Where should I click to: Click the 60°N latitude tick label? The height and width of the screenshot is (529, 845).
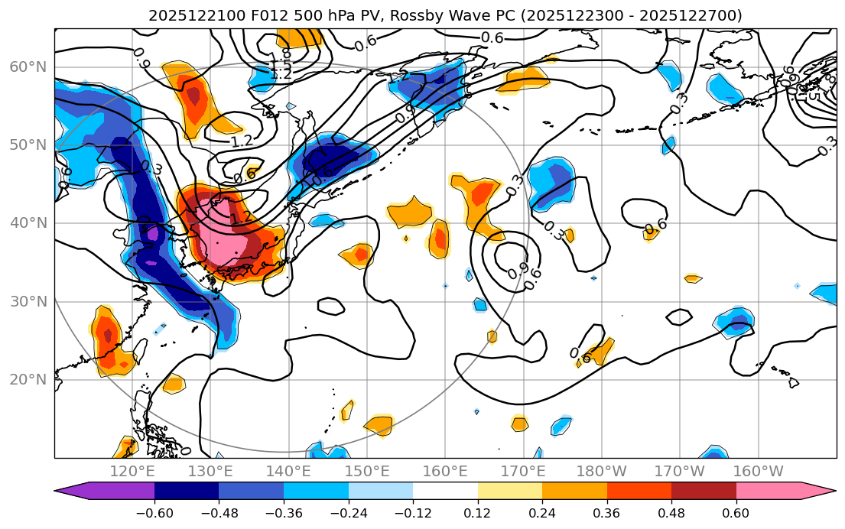click(x=28, y=67)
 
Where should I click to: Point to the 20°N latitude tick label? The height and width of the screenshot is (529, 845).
click(x=28, y=380)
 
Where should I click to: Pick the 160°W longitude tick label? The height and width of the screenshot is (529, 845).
click(x=758, y=471)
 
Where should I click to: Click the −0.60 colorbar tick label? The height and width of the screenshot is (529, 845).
click(x=154, y=511)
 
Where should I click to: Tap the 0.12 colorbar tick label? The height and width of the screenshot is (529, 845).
click(x=478, y=511)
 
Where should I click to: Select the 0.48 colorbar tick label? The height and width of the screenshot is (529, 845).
click(x=671, y=511)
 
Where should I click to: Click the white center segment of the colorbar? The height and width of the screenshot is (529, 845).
click(x=445, y=491)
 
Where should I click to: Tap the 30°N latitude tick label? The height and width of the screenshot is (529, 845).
click(x=28, y=301)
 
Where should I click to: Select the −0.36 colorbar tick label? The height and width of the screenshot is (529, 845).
click(x=284, y=511)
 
